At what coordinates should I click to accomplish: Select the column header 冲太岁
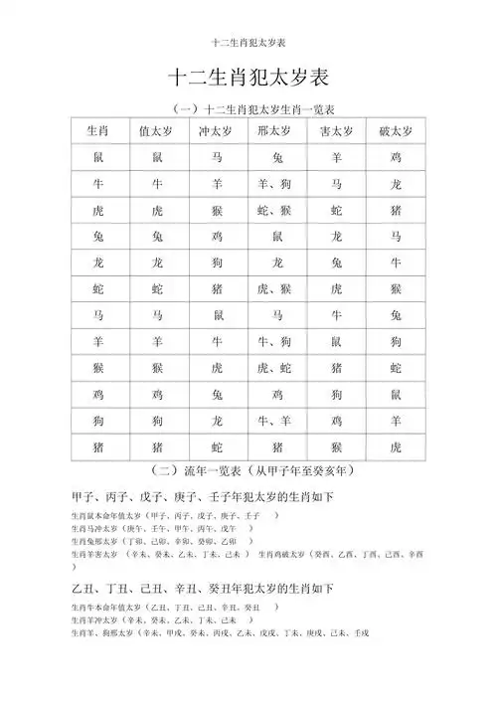tap(217, 131)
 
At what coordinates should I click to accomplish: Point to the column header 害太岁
tap(336, 131)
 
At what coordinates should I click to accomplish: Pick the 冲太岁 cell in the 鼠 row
tap(217, 157)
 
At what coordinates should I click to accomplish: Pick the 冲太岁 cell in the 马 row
tap(217, 315)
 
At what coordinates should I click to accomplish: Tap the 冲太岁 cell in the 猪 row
tap(217, 447)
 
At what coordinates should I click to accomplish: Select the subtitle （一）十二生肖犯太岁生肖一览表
tap(248, 107)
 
